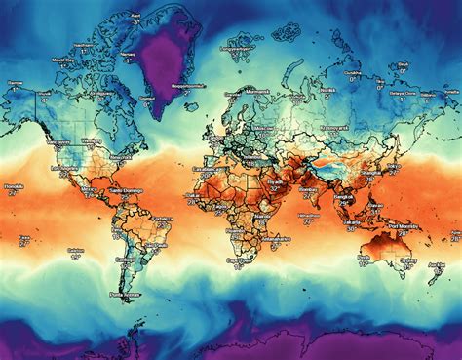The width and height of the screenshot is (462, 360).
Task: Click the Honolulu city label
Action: tap(13, 184)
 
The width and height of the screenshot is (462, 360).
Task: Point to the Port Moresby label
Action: tap(404, 226)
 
